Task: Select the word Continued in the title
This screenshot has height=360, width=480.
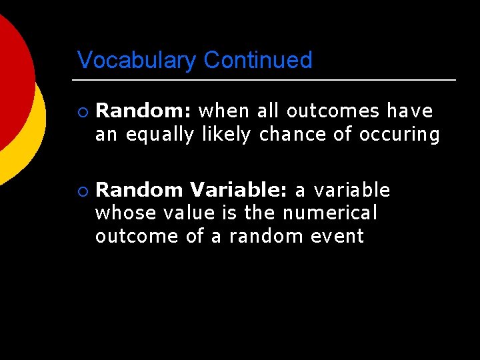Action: coord(258,60)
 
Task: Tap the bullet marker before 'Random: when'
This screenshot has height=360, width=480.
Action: coord(81,111)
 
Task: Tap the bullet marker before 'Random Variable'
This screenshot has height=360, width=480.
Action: coord(81,191)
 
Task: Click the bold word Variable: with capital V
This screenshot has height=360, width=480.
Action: coord(238,191)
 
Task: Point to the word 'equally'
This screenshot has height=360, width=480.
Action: coord(160,135)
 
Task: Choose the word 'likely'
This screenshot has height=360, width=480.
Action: coord(226,135)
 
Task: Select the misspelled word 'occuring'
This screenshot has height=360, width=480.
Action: coord(399,135)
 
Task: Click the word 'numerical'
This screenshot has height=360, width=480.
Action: coord(330,213)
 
